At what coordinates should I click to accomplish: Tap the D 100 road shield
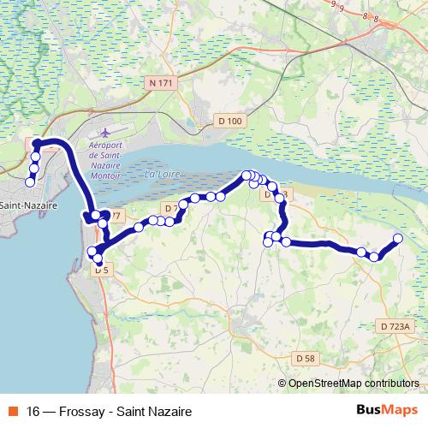[230, 122]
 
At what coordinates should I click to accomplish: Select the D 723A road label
[395, 326]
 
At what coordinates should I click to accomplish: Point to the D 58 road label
[306, 357]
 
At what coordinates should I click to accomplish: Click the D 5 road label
[102, 270]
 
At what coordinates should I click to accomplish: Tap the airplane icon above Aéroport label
[105, 134]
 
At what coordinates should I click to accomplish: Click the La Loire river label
[161, 175]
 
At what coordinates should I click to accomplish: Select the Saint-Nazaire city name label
[29, 206]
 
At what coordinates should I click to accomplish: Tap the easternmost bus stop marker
[398, 238]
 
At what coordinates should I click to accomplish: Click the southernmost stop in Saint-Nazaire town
[30, 181]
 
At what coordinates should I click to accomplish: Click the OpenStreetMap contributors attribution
[354, 383]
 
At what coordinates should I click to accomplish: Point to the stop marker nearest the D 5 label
[98, 259]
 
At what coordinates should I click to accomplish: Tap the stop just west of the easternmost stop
[374, 256]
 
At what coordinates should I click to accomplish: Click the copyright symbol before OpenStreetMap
[282, 383]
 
